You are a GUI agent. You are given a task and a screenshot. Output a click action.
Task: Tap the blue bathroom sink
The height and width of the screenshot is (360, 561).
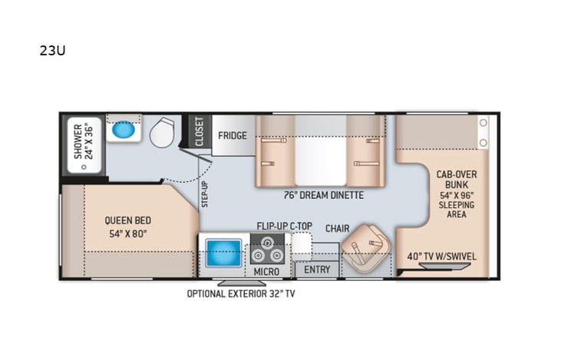click(x=123, y=130)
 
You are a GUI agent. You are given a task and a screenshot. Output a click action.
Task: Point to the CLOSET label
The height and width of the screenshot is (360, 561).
click(x=200, y=130)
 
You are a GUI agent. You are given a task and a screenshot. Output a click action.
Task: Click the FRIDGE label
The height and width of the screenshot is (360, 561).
click(x=233, y=136)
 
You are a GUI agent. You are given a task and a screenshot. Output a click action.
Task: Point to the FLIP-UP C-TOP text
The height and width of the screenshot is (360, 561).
click(x=285, y=227)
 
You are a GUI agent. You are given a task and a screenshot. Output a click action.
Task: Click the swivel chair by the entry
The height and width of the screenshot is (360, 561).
click(x=361, y=251)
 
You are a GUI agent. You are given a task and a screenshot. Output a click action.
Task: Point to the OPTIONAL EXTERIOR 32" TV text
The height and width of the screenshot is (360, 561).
click(x=240, y=293)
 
